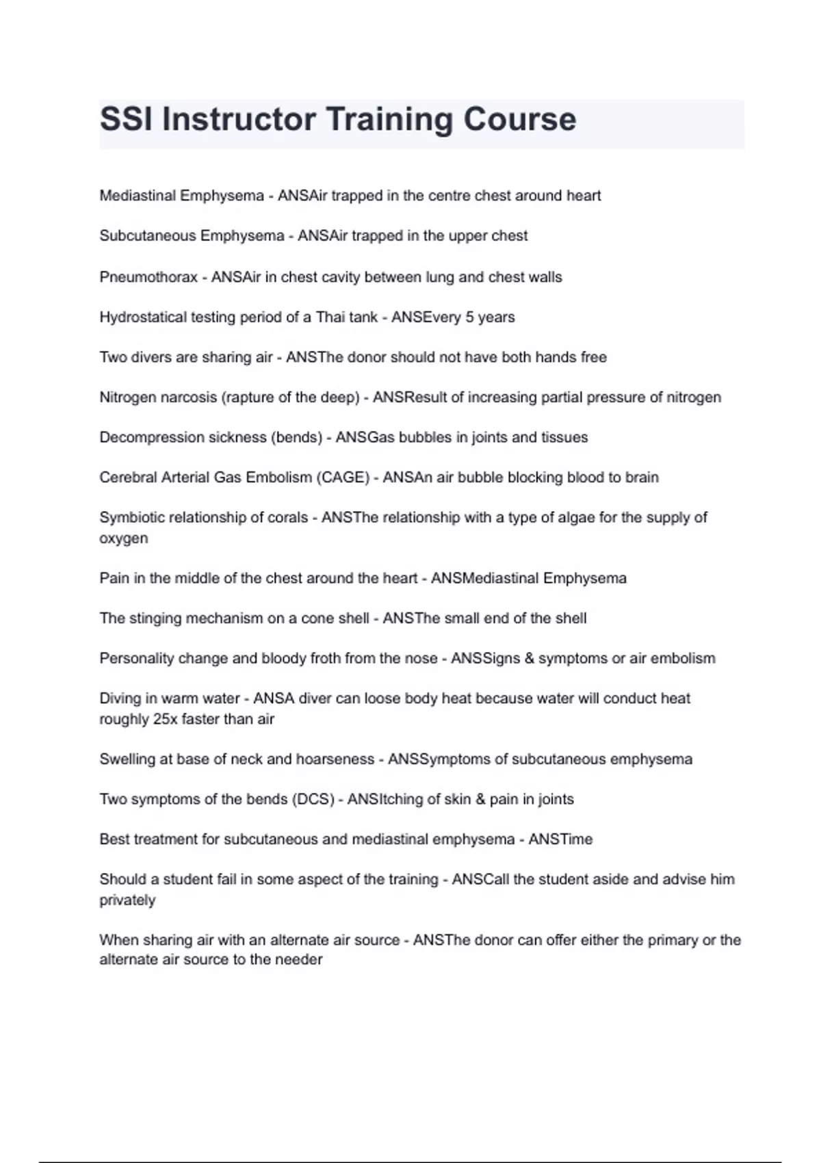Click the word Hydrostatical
coord(142,317)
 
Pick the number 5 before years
coord(469,317)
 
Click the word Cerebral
coord(127,478)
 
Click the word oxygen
coord(124,538)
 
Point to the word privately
coord(127,900)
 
